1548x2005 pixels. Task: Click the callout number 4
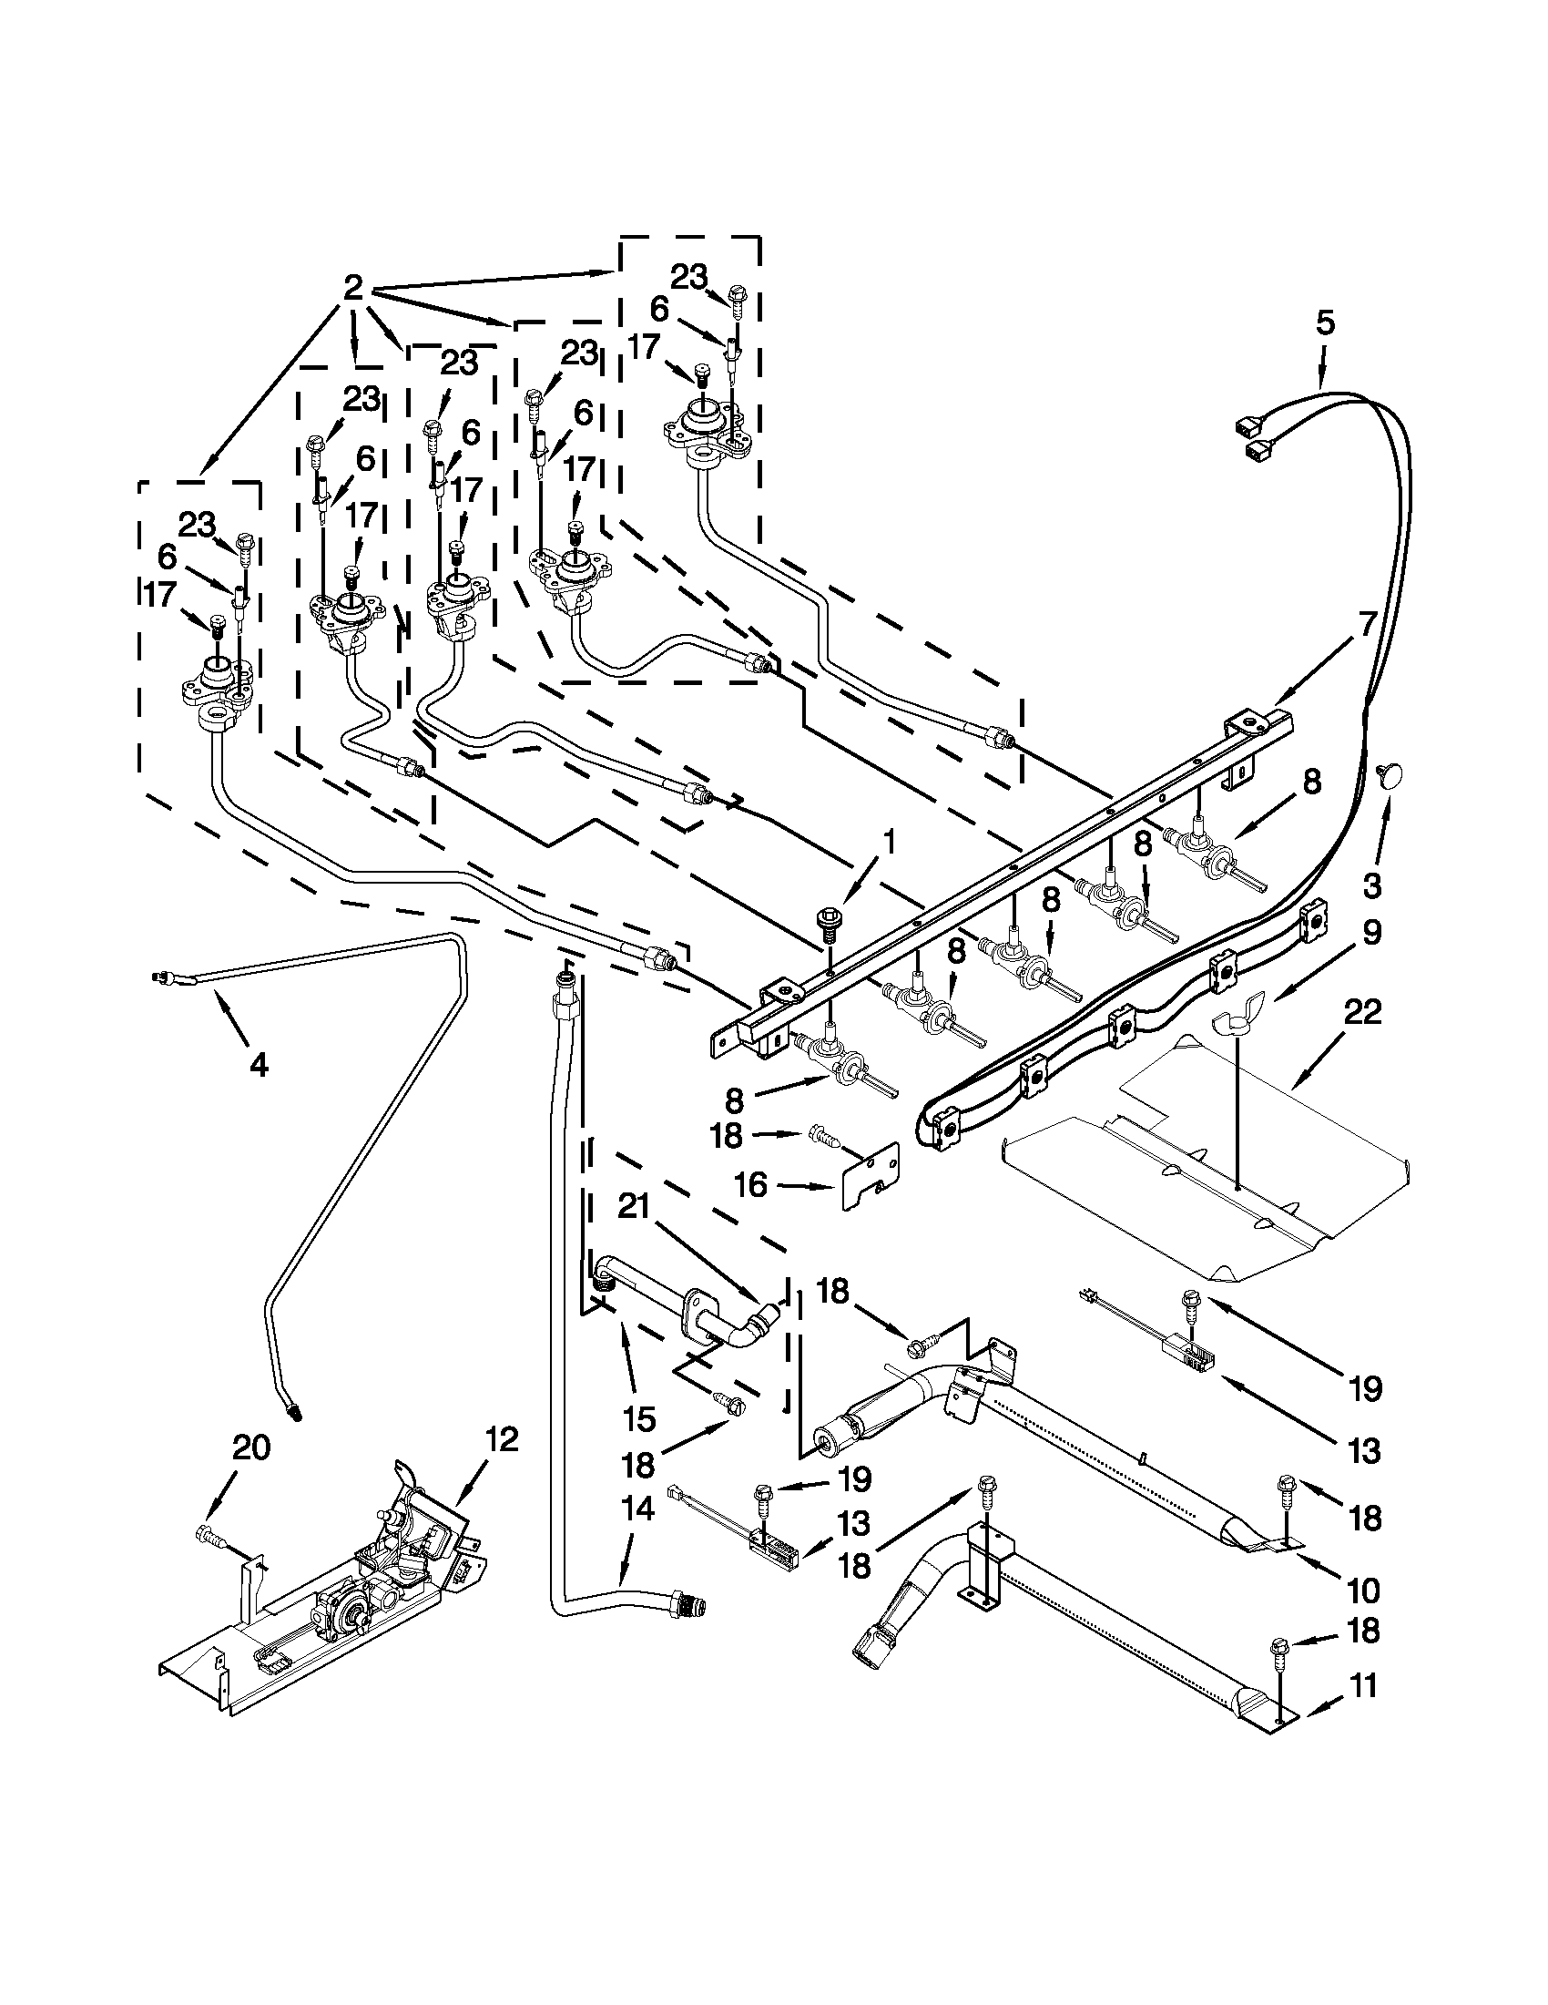tap(260, 1065)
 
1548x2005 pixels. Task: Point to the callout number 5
tap(1324, 323)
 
